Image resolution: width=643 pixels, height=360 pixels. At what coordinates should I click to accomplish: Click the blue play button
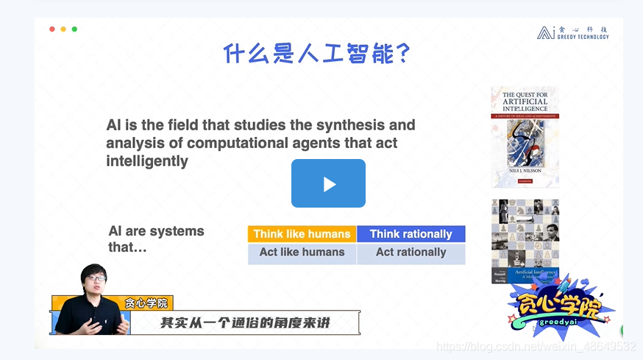click(x=328, y=183)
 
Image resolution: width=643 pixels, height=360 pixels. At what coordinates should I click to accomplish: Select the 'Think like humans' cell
click(x=302, y=234)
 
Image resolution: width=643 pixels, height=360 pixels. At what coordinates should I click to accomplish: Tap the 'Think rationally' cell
click(x=411, y=234)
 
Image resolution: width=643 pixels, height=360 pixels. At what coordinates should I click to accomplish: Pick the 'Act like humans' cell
click(x=302, y=253)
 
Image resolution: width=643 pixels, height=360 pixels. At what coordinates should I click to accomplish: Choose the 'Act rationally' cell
click(x=411, y=253)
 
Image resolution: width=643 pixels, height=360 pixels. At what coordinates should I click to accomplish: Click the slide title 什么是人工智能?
click(x=316, y=54)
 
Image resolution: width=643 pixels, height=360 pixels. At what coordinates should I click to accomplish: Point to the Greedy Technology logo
click(x=573, y=33)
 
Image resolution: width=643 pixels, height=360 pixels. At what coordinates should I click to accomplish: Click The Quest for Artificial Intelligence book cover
click(x=525, y=137)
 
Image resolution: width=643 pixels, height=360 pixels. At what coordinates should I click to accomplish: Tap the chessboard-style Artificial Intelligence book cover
click(x=525, y=241)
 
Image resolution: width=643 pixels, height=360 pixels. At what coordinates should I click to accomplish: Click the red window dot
click(x=52, y=29)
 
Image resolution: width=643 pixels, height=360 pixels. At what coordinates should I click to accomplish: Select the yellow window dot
click(x=63, y=29)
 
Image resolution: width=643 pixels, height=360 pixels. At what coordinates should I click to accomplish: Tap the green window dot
click(x=74, y=29)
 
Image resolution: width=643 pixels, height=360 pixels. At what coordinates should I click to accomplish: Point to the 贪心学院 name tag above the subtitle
click(x=146, y=303)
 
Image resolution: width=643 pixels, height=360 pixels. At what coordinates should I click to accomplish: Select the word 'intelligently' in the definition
click(x=147, y=160)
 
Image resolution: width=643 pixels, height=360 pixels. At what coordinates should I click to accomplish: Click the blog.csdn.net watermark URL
click(x=535, y=346)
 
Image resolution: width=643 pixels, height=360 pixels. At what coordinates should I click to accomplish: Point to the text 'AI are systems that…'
click(x=156, y=239)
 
